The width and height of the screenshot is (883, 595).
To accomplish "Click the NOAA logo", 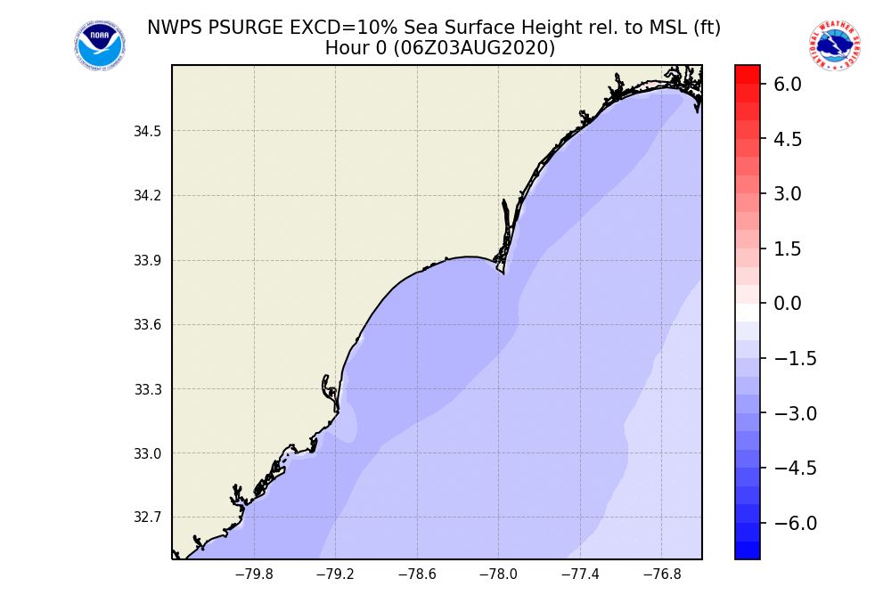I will coord(100,46).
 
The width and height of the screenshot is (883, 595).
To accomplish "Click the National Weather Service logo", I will coord(835,45).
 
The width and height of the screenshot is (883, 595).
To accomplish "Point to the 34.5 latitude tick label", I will coord(147,132).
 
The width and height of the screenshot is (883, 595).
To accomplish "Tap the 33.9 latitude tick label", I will coord(147,261).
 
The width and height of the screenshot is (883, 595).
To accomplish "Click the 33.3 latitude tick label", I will coord(147,389).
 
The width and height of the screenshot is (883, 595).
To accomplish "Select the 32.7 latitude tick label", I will coord(147,518).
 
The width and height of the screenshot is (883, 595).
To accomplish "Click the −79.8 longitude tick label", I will coord(254,575).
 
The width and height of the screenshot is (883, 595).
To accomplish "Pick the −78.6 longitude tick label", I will coord(417,575).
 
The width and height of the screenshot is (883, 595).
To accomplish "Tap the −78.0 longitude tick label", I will coord(498,575).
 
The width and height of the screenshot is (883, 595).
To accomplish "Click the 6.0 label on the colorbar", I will coord(789,84).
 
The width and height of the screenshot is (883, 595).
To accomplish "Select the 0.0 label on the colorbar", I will coord(789,304).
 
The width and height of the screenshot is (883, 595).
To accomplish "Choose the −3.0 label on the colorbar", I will coord(795,413).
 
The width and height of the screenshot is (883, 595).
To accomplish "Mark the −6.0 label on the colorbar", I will coord(795,523).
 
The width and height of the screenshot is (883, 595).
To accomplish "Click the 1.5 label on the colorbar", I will coord(789,249).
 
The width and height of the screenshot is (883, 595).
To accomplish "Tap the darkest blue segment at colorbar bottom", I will coord(748,550).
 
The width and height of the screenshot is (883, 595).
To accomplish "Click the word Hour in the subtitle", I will coord(346,48).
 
